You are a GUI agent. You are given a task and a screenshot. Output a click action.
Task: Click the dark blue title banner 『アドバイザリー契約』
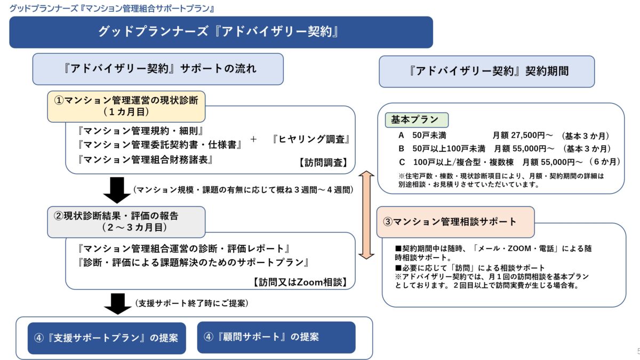point(221,32)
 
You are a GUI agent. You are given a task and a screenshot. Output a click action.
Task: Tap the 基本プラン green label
point(416,119)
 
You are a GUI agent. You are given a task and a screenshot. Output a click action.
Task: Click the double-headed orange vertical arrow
point(366,215)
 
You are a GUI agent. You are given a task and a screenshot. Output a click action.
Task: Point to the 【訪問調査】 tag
point(323,163)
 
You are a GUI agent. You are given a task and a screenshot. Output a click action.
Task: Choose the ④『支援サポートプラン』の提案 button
point(107,338)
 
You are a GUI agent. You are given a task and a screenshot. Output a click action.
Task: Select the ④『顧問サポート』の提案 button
point(276,337)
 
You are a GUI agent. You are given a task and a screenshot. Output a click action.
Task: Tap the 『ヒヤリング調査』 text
point(310,139)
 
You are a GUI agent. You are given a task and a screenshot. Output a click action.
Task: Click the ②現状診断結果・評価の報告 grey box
point(126,221)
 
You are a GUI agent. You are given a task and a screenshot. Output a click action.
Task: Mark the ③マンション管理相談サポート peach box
point(455,222)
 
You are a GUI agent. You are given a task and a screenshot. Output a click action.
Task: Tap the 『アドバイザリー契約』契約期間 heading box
point(486,71)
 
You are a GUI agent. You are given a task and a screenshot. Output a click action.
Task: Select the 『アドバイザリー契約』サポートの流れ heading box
point(158,69)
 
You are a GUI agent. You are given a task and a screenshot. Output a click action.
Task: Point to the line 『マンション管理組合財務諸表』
point(145,159)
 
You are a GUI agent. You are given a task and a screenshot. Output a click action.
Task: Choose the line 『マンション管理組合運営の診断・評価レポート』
point(183,249)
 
